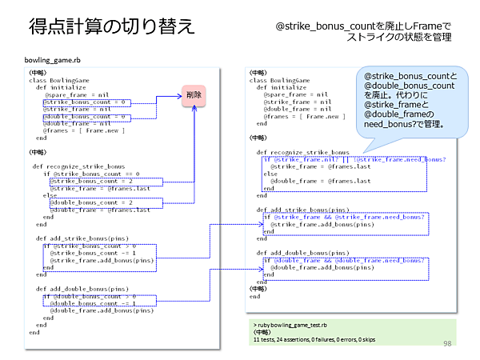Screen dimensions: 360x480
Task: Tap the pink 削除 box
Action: click(x=194, y=95)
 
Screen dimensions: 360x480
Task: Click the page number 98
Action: click(x=448, y=342)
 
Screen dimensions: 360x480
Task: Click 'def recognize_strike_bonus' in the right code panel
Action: click(x=302, y=152)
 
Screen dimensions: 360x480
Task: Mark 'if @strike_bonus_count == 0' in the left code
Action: click(x=91, y=174)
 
